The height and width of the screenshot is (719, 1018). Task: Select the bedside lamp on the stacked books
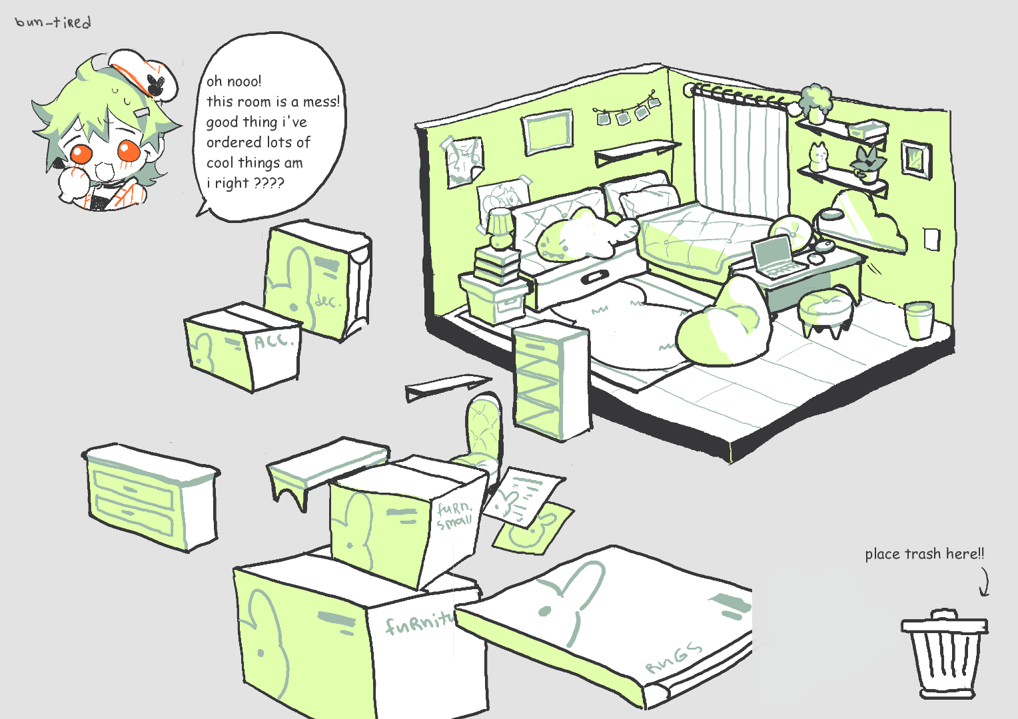point(500,228)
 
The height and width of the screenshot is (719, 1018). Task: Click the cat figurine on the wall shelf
point(818,158)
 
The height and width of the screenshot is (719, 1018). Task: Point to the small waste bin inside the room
point(919,320)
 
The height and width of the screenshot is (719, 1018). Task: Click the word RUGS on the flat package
point(673,657)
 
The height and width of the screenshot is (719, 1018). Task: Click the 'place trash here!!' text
point(924,554)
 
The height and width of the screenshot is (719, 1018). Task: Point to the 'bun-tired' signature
point(53,22)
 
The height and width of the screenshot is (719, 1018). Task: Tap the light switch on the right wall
point(931,239)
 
